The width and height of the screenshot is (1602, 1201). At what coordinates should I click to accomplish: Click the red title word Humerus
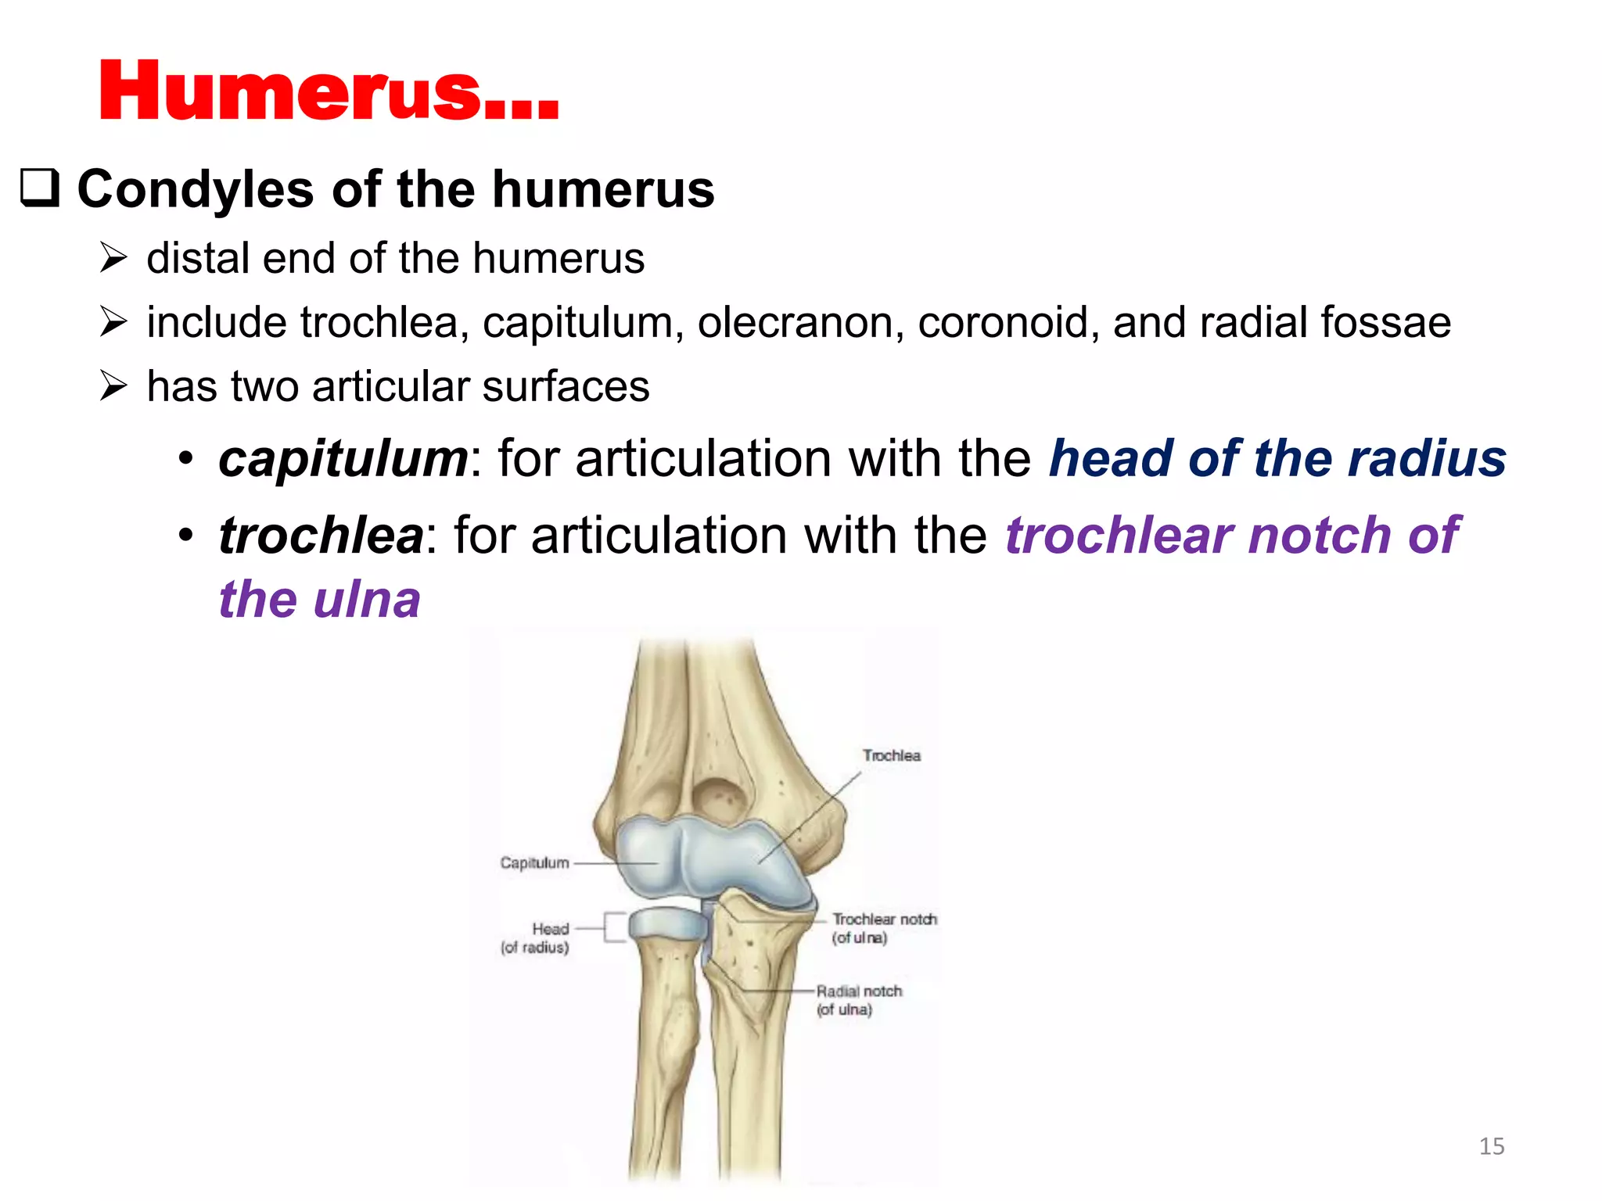tap(329, 92)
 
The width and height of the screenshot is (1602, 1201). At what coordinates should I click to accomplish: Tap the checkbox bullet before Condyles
tap(40, 188)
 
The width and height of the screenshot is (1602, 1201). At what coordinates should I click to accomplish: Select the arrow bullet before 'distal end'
tap(113, 257)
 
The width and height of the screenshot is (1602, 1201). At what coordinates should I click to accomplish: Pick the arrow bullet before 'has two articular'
tap(113, 385)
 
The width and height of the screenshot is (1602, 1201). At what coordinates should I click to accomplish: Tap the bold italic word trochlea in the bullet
tap(321, 536)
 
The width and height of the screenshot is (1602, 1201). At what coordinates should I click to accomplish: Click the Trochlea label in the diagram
tap(891, 755)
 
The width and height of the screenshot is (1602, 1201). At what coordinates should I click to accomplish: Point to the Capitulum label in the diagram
tap(534, 862)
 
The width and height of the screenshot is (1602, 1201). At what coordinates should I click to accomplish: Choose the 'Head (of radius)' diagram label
tap(536, 937)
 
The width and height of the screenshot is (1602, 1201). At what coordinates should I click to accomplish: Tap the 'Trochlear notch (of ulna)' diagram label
tap(883, 928)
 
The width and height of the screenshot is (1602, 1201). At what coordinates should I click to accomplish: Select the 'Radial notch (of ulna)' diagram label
tap(858, 1000)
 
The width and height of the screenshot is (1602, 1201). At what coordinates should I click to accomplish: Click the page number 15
tap(1491, 1146)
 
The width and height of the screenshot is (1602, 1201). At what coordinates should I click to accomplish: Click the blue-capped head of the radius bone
tap(667, 923)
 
